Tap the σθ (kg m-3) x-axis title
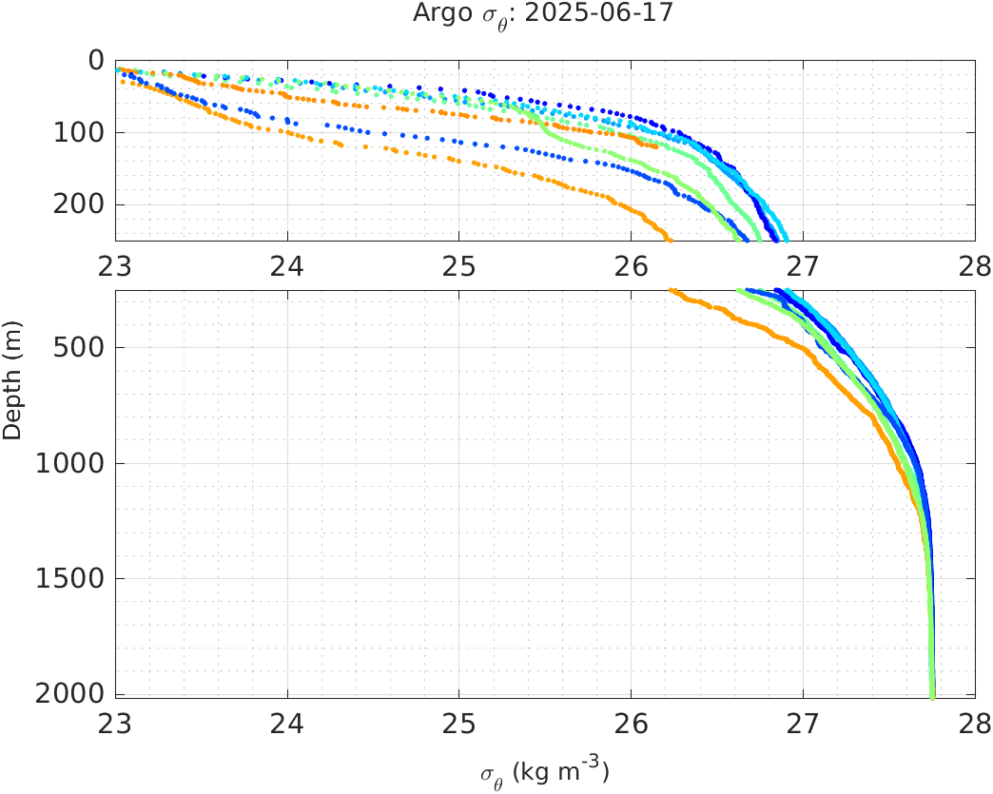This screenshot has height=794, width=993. point(544,771)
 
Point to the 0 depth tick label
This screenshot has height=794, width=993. point(95,60)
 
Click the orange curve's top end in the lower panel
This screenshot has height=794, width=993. point(672,290)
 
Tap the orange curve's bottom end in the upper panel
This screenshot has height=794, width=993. point(670,239)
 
